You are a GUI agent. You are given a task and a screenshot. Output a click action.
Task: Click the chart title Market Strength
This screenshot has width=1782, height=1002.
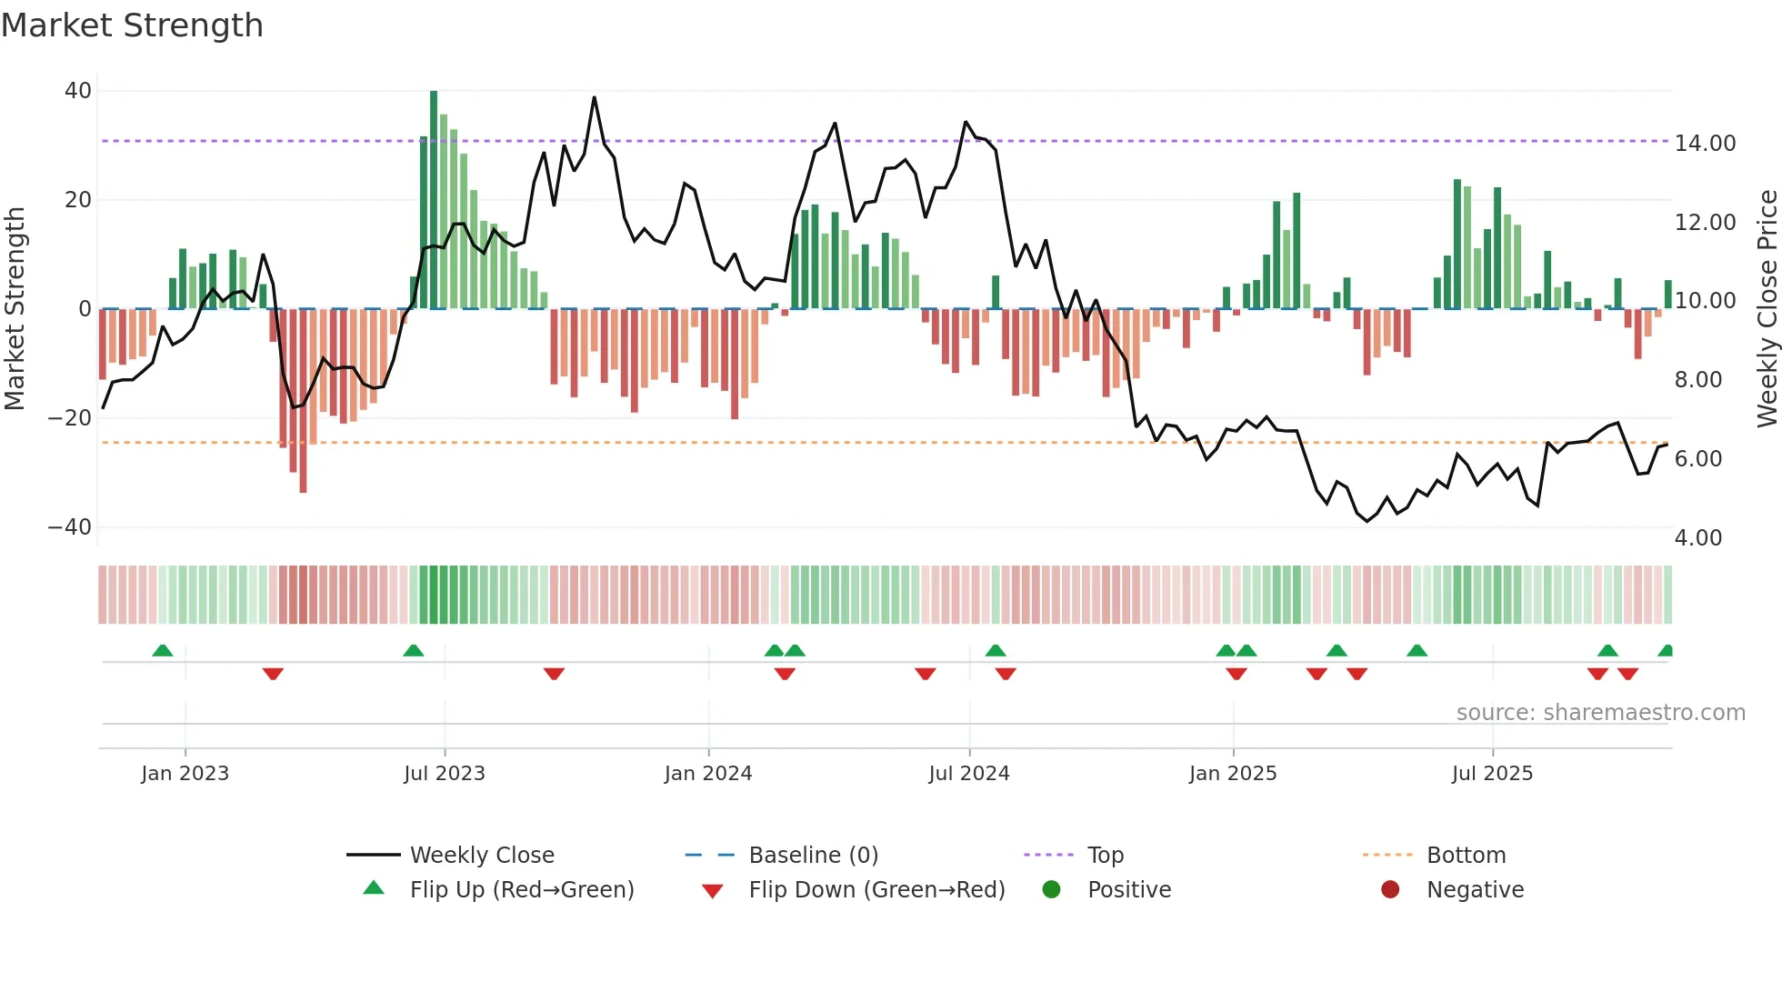click(132, 25)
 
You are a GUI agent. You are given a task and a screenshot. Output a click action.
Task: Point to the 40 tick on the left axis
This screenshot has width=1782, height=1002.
click(78, 91)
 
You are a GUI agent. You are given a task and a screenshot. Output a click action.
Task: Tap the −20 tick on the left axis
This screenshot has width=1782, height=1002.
click(70, 418)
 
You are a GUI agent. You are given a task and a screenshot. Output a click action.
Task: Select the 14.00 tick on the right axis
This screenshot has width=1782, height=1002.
click(1705, 144)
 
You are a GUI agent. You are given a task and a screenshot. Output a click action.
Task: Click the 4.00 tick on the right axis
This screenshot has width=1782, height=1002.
click(1697, 538)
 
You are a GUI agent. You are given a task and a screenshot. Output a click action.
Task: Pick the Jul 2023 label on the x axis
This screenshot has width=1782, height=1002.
click(445, 774)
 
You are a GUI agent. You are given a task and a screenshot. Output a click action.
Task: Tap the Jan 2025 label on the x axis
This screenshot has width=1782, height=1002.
click(1233, 774)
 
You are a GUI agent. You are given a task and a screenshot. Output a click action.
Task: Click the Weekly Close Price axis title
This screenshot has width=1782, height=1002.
click(1767, 309)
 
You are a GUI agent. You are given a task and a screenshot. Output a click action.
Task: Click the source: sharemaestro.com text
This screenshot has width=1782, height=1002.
click(1600, 713)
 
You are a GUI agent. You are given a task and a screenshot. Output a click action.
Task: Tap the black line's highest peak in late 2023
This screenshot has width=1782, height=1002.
click(595, 98)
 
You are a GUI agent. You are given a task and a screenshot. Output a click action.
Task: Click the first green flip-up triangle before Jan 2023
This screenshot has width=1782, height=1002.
click(163, 651)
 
